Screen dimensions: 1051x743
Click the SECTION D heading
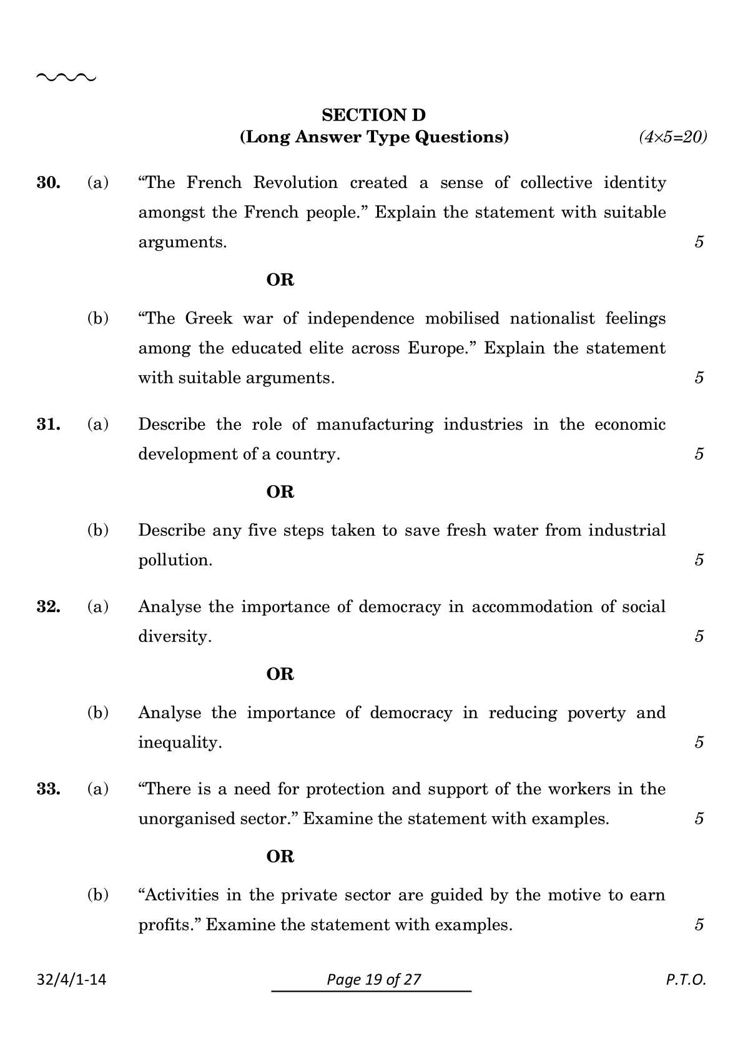[x=373, y=115]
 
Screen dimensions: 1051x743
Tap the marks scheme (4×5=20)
[x=672, y=137]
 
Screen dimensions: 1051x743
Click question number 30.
[x=49, y=182]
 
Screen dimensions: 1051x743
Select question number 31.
[x=49, y=425]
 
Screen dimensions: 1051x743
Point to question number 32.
[x=49, y=607]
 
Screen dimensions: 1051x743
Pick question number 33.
[x=49, y=789]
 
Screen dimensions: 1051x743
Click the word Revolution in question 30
[x=295, y=182]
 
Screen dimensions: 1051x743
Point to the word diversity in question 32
[x=174, y=636]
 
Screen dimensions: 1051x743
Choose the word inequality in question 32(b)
[x=179, y=743]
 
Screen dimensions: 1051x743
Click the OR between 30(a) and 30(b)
[x=280, y=280]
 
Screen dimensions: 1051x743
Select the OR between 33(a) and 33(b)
[x=280, y=857]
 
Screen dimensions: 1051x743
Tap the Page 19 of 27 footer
[x=373, y=979]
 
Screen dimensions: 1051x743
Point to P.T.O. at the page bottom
[x=686, y=979]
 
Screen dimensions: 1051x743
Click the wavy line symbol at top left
[x=66, y=78]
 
